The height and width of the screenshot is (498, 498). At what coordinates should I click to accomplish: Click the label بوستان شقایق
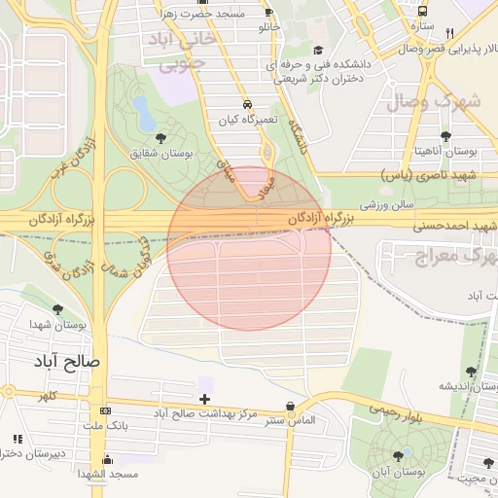pos(161,154)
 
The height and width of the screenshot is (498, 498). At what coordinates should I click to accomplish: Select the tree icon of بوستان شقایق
pos(160,138)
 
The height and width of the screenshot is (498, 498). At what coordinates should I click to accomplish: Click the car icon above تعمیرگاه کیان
pos(247,104)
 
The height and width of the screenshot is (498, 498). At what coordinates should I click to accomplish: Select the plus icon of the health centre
pos(204,399)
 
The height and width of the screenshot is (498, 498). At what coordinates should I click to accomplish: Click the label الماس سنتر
pos(291,420)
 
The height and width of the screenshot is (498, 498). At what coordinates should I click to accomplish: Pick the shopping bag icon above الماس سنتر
pos(290,406)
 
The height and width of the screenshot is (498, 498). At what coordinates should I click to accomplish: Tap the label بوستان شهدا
pos(58,324)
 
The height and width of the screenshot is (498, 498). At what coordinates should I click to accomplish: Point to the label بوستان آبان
pos(397,472)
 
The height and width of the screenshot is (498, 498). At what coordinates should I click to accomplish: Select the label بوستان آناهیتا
pos(445,151)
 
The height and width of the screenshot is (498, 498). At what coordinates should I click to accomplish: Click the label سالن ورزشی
pos(388,205)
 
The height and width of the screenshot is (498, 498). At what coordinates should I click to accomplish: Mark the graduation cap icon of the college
pos(317,50)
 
